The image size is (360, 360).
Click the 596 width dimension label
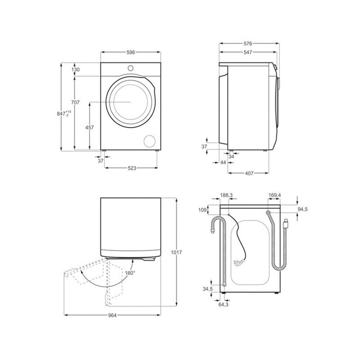(130, 52)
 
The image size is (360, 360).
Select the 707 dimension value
(75, 103)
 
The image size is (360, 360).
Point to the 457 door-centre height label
(90, 127)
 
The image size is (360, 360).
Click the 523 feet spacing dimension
(132, 168)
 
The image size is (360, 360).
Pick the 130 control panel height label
(76, 69)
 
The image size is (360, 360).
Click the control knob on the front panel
(130, 68)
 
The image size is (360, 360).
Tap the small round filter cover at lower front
(149, 141)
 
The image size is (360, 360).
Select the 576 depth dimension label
(248, 43)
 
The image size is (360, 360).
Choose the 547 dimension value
(248, 52)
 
